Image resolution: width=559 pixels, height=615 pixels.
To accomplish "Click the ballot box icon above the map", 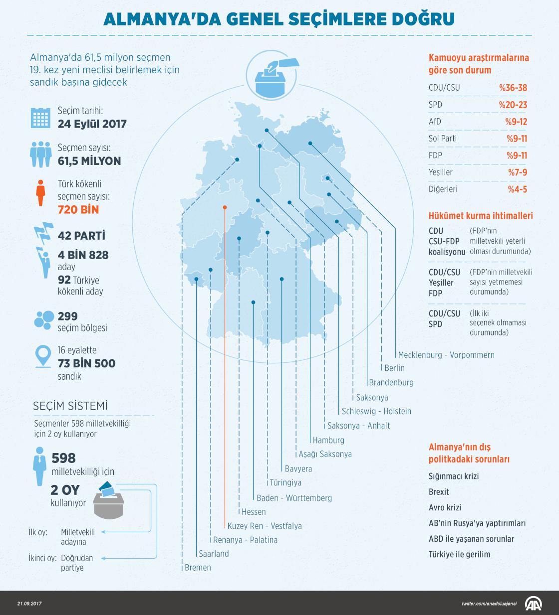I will point(274,78).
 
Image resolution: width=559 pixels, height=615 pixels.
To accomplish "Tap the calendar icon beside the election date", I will point(41,118).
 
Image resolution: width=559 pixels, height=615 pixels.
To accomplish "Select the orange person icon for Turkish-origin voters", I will point(41,193).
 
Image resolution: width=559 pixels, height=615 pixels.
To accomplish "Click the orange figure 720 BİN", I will point(78,209).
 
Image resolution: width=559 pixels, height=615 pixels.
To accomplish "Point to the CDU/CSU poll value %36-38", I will point(513,88).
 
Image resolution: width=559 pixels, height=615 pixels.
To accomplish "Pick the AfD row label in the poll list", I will point(435,122).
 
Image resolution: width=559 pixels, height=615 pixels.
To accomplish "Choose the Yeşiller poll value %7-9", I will point(517,172).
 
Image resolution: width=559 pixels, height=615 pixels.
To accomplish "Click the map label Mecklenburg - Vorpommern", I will point(446,355).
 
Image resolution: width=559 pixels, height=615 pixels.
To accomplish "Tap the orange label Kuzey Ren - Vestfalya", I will point(265,526).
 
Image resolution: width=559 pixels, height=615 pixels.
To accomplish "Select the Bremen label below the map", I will point(198,567).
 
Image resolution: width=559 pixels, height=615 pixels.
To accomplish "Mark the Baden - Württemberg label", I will point(294,497).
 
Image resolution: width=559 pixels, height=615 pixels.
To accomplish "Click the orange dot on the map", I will point(225,207).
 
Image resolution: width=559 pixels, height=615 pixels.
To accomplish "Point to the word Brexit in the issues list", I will point(439,492).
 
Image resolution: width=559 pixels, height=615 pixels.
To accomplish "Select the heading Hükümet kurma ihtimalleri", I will point(481,216).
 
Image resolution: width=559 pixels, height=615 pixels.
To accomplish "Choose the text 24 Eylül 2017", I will point(92,124).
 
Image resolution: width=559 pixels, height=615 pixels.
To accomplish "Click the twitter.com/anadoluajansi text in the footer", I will point(489,604).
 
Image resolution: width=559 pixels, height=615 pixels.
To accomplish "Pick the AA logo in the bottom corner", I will point(535,604).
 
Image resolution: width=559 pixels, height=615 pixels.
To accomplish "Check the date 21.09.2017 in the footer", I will point(29,604).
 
